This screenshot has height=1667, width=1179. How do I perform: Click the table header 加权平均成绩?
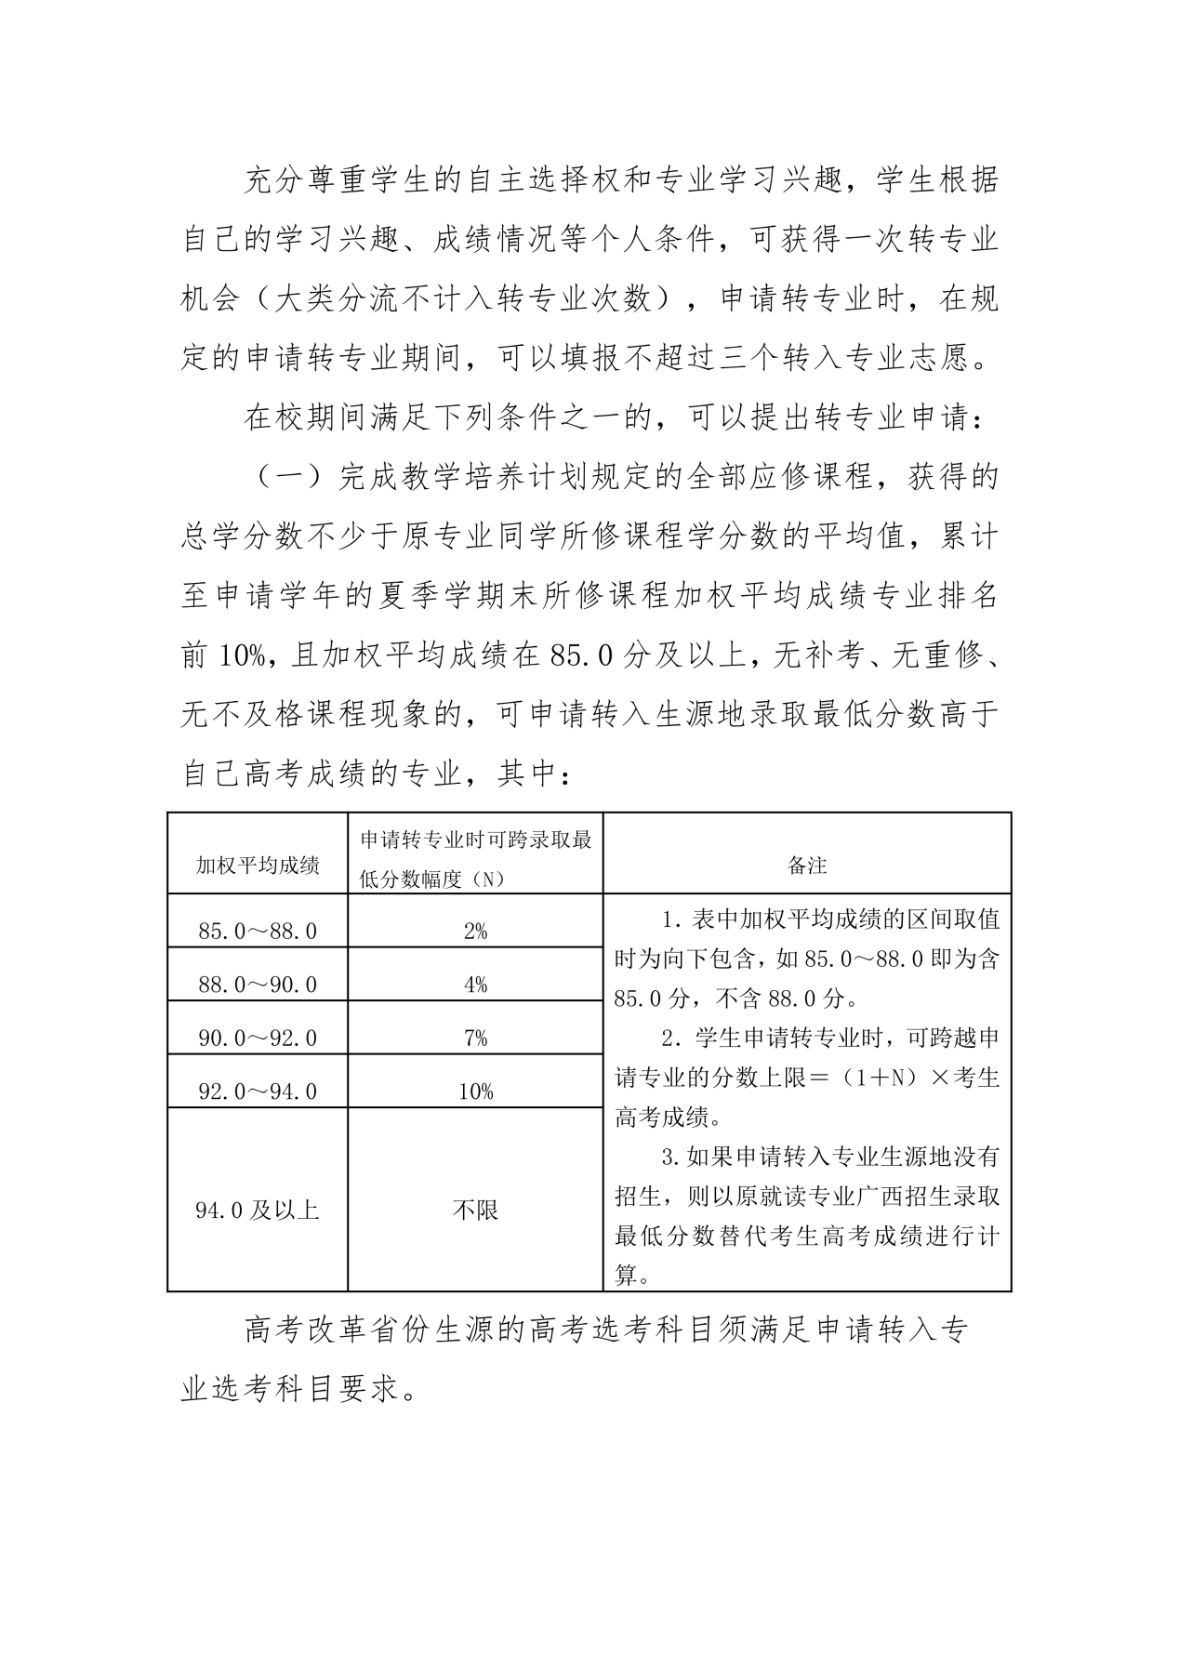[258, 866]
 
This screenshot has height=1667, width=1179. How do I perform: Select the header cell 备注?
[807, 866]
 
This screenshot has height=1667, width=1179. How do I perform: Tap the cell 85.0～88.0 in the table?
[258, 931]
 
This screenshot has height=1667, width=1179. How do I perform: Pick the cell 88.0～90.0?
[258, 985]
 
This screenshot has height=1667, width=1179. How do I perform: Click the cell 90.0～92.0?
[258, 1038]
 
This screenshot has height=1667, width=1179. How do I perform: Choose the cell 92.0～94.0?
[258, 1091]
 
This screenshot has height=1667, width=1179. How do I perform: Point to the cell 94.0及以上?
[258, 1210]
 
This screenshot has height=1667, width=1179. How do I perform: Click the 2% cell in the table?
[475, 931]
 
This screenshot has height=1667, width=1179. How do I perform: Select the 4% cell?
[475, 985]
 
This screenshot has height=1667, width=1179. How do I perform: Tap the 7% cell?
[475, 1038]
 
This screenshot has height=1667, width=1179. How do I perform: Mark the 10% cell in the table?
[475, 1091]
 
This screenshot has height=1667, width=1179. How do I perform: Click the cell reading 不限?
[475, 1210]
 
